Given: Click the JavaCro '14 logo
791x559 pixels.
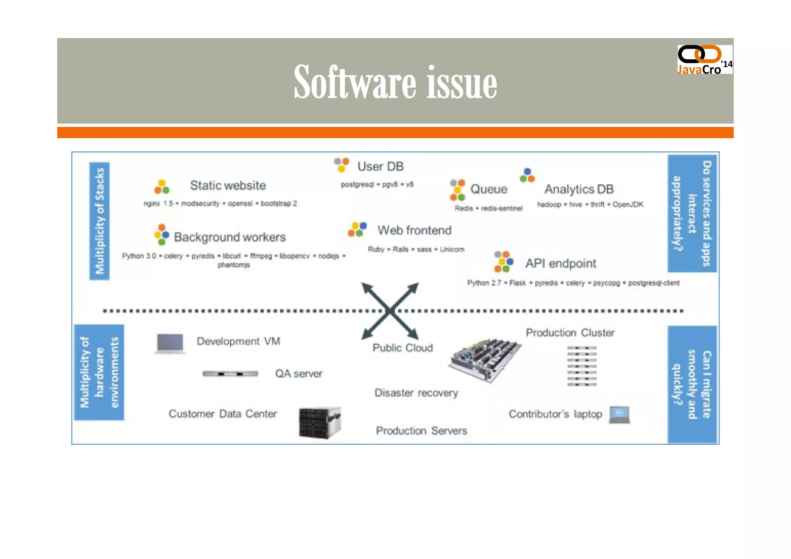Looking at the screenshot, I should (704, 59).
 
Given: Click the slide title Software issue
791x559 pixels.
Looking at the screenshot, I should (395, 82).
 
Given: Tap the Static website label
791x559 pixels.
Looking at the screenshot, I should (228, 185).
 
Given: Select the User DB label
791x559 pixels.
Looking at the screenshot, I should (380, 167).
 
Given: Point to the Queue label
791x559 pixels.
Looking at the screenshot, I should (489, 189).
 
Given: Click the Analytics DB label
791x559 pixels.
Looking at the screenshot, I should (579, 189).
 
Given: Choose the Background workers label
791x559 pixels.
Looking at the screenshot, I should (230, 237).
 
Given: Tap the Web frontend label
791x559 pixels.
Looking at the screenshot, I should (414, 230).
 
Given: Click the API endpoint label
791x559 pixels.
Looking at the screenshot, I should (560, 263).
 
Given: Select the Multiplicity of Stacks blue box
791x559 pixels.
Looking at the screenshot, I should (100, 221).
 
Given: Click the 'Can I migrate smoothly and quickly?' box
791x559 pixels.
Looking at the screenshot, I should (692, 384).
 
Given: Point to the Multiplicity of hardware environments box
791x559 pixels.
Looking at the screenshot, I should (99, 372).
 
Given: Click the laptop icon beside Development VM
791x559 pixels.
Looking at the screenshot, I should (170, 343).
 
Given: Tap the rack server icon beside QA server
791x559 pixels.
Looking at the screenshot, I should (230, 374).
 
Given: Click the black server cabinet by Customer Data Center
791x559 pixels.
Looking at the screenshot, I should (320, 423).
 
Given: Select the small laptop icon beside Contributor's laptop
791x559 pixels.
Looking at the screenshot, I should (620, 415).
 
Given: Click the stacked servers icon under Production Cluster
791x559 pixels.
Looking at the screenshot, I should (582, 366).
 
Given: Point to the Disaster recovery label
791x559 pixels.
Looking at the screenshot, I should (416, 393).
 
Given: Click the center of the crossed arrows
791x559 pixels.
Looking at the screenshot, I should (390, 311).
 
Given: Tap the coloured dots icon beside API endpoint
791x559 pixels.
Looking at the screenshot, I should (504, 262).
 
